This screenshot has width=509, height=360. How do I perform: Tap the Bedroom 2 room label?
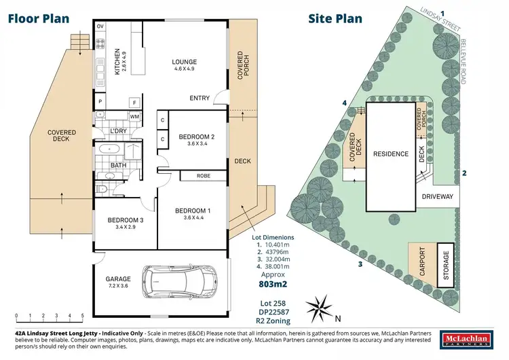point(196,140)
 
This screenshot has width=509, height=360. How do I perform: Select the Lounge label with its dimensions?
point(184,65)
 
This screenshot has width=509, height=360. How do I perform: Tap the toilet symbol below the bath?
point(102,188)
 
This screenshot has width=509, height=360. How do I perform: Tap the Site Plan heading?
point(335,18)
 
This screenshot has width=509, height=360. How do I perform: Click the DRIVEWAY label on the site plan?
point(437,197)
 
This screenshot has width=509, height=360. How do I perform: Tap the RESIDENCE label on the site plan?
point(391,154)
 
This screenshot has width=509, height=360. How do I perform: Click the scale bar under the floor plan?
point(48,316)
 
